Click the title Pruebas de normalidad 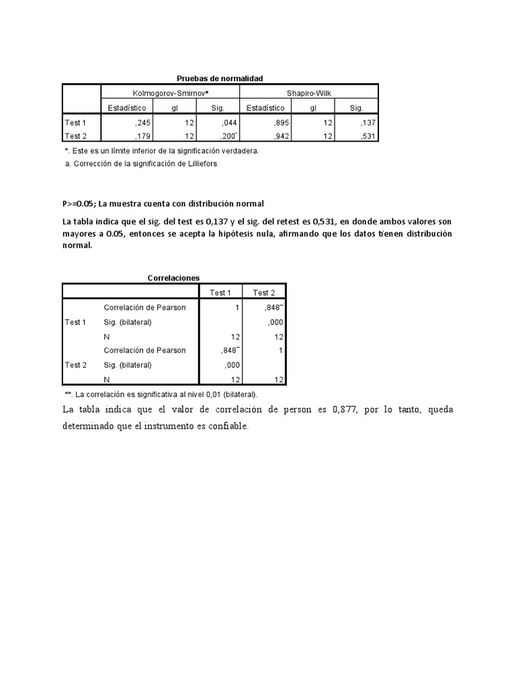pyautogui.click(x=215, y=79)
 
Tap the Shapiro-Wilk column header pyautogui.click(x=308, y=93)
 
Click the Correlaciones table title pyautogui.click(x=173, y=277)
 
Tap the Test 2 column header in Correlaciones pyautogui.click(x=263, y=292)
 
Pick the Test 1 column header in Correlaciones pyautogui.click(x=220, y=292)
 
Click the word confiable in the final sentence pyautogui.click(x=228, y=426)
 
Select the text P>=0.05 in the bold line pyautogui.click(x=79, y=204)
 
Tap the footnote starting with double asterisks pyautogui.click(x=161, y=394)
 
